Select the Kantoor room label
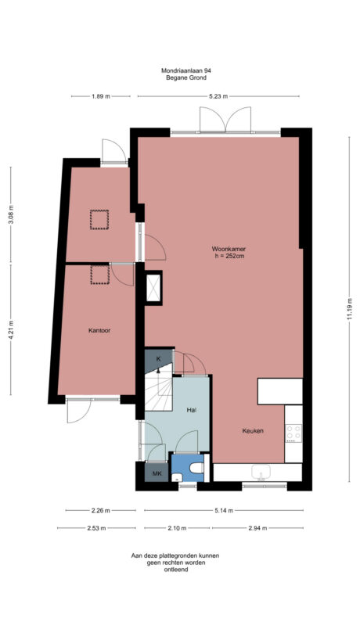point(99,330)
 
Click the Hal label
point(190,409)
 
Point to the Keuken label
point(253,431)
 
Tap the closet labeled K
point(157,358)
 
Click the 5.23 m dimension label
point(218,96)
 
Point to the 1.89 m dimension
point(100,96)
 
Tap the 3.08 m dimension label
point(10,214)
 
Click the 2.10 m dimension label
point(178,528)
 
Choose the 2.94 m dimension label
point(257,528)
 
